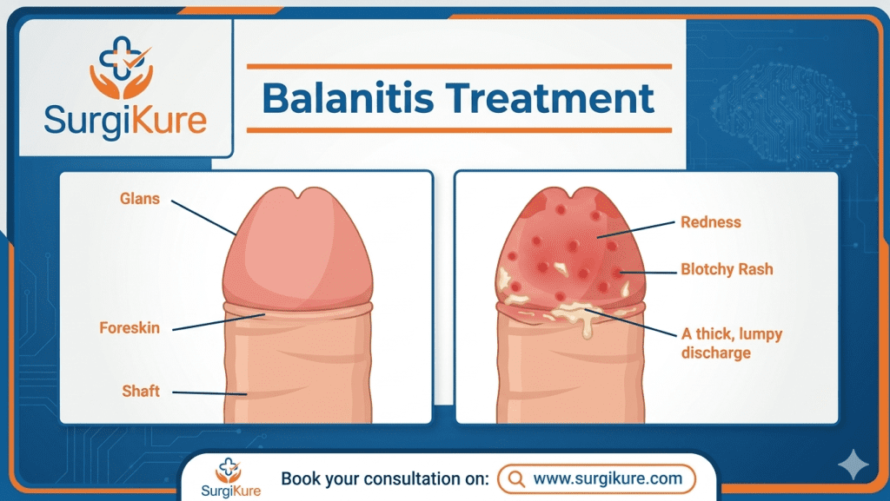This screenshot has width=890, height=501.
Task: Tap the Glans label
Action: [140, 199]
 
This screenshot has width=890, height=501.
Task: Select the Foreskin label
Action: [130, 328]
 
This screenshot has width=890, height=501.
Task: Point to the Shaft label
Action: [141, 391]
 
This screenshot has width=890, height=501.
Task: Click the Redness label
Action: [711, 222]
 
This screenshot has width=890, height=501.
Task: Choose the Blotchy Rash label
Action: [727, 269]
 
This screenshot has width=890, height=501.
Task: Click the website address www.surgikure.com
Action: [606, 478]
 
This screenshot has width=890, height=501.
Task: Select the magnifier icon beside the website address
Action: [515, 478]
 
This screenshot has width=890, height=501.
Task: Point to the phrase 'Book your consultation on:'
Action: [384, 478]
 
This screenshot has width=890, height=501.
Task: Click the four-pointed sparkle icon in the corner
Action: [852, 465]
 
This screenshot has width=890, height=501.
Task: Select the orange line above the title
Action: [459, 66]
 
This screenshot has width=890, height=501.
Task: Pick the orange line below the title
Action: [459, 130]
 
